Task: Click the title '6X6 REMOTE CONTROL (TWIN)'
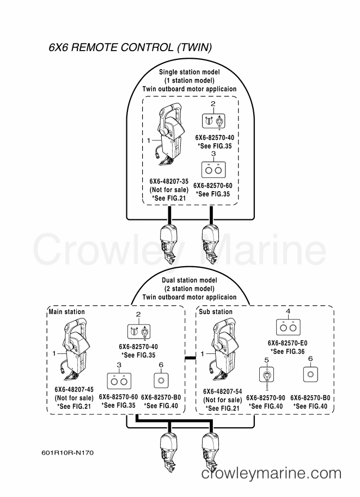click(x=130, y=47)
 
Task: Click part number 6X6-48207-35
click(x=169, y=181)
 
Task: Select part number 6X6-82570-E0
click(x=288, y=343)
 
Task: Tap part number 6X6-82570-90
click(x=265, y=398)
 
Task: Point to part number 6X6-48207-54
click(x=222, y=391)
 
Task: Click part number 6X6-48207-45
click(x=74, y=390)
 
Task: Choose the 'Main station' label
click(x=66, y=311)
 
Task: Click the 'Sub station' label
click(x=215, y=311)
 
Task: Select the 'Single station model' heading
click(x=190, y=72)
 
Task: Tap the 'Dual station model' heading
click(x=190, y=280)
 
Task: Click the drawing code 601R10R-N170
click(x=68, y=452)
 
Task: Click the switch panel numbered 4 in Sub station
click(x=288, y=327)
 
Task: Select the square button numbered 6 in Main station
click(x=161, y=380)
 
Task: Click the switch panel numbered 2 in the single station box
click(x=213, y=121)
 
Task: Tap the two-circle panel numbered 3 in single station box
click(x=213, y=170)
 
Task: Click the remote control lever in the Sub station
click(x=224, y=351)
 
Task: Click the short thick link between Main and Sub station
click(x=190, y=358)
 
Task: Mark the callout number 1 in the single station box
click(x=149, y=140)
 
